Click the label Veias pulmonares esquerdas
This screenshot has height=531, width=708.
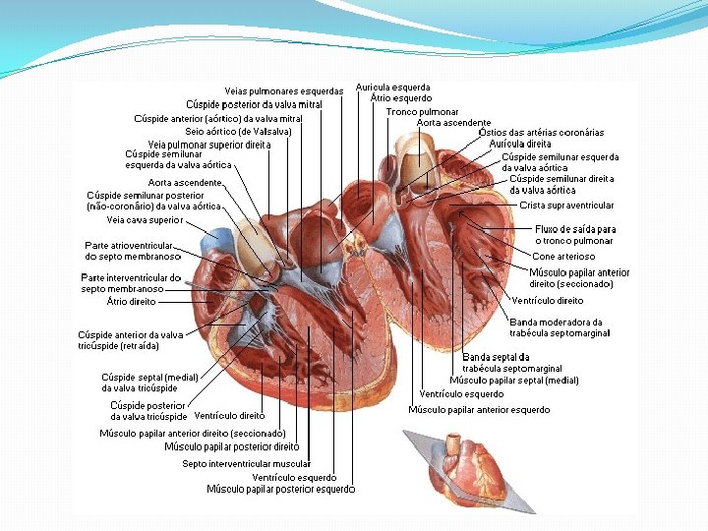point(283,91)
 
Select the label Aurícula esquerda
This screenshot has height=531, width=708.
point(392,88)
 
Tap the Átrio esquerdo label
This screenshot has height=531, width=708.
point(401,98)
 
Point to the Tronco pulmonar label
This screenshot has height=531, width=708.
point(422,112)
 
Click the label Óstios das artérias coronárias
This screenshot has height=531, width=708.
point(540,133)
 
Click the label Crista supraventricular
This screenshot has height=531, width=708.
point(566,206)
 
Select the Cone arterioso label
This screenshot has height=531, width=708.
point(563,257)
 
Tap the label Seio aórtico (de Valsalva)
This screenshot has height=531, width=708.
point(238,132)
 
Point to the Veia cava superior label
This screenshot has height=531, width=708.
point(145,220)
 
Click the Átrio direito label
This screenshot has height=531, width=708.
point(132,301)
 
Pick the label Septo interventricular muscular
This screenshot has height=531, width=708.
point(246,463)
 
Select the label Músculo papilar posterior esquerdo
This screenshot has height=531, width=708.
point(280,489)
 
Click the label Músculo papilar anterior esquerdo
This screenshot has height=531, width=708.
point(479,409)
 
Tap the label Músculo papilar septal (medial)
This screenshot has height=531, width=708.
point(514,380)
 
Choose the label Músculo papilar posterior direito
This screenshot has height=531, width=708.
point(231,446)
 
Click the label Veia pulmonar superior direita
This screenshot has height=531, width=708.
point(209,144)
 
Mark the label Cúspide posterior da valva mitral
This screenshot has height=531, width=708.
point(254,104)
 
